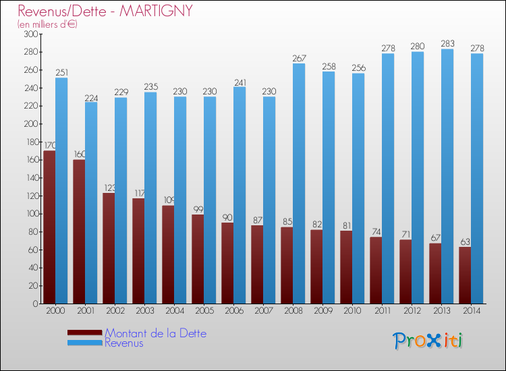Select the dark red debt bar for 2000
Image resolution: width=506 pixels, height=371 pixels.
tap(49, 227)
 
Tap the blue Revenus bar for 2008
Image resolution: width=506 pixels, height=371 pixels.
tap(298, 182)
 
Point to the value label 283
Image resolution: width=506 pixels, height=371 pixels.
tap(447, 44)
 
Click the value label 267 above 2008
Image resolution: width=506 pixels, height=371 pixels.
tap(298, 58)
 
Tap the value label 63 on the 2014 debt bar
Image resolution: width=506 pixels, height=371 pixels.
tap(465, 241)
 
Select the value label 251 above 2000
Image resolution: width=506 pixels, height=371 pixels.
tap(61, 72)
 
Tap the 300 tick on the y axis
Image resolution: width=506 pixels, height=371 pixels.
tap(30, 34)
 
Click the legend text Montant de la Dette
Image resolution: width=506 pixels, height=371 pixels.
tap(155, 333)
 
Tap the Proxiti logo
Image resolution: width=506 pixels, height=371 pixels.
tap(428, 341)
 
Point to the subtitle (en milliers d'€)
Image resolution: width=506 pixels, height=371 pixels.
tap(47, 24)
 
